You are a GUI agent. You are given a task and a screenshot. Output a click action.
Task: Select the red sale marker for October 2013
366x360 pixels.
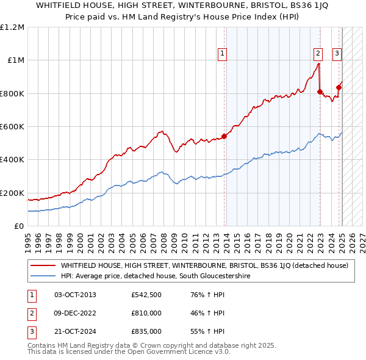pyautogui.click(x=224, y=136)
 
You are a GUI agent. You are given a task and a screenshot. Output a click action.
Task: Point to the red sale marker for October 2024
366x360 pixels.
pyautogui.click(x=339, y=87)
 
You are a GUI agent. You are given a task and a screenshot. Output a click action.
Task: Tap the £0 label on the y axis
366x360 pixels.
pyautogui.click(x=20, y=226)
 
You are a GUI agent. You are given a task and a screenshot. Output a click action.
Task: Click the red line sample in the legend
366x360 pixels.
pyautogui.click(x=43, y=265)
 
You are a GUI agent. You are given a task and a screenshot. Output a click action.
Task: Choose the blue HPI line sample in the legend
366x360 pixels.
pyautogui.click(x=43, y=276)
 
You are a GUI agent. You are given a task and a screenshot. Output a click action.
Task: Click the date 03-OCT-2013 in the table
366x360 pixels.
pyautogui.click(x=75, y=295)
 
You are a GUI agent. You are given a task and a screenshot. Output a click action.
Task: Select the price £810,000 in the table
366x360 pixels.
pyautogui.click(x=146, y=314)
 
